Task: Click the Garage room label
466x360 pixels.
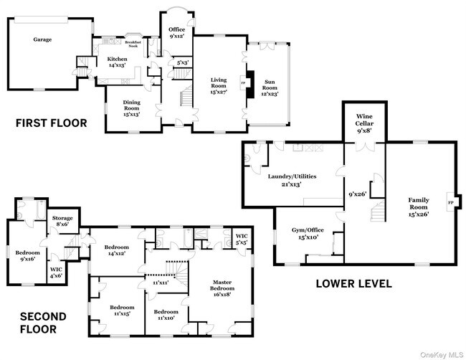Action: click(42, 39)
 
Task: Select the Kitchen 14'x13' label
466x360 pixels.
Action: click(117, 62)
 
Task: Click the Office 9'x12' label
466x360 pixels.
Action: click(177, 32)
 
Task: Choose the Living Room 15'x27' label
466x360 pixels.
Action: click(218, 85)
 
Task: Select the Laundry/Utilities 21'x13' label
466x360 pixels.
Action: click(292, 179)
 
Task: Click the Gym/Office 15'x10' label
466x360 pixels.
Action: click(304, 234)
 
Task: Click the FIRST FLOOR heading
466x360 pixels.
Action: click(52, 123)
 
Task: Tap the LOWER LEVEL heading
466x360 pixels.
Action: click(354, 284)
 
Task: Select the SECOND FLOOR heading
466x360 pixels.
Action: click(43, 323)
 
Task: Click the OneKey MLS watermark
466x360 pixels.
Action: click(442, 353)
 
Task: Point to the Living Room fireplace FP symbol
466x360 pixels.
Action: click(242, 82)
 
